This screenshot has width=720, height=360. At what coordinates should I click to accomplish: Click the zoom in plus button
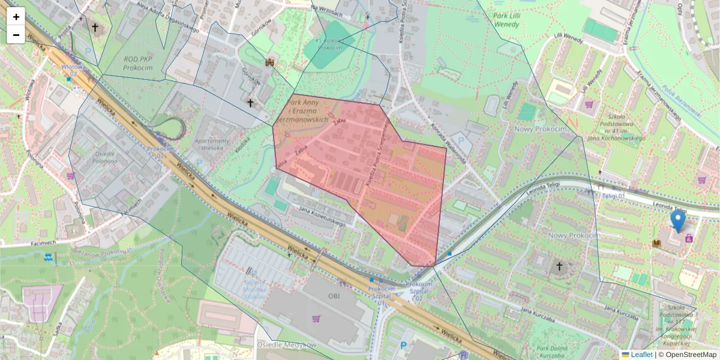[16, 17]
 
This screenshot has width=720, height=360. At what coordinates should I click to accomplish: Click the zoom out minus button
[16, 35]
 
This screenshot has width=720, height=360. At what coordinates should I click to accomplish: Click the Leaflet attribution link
[641, 355]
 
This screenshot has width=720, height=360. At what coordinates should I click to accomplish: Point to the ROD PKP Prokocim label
[137, 64]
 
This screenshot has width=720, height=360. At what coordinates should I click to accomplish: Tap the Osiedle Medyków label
[286, 345]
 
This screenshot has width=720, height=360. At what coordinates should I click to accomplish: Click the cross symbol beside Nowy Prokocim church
[559, 266]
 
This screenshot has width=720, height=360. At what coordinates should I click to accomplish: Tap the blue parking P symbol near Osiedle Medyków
[403, 346]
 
